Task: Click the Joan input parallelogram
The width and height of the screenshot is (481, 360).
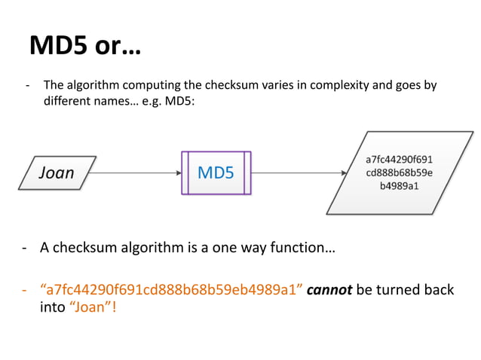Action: (x=57, y=172)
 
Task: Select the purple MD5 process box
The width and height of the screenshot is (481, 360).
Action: (x=216, y=172)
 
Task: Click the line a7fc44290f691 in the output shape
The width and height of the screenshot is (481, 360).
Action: (x=399, y=159)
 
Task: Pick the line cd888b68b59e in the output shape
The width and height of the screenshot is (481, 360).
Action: (x=399, y=172)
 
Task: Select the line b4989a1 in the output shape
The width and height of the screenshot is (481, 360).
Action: (x=399, y=186)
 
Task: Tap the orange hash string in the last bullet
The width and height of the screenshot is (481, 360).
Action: (x=170, y=290)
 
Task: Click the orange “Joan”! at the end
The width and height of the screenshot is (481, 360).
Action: (x=95, y=307)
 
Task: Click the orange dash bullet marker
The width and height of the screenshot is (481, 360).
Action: (x=26, y=290)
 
